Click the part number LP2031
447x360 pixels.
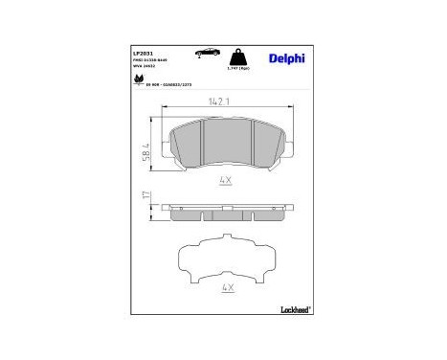point(144,53)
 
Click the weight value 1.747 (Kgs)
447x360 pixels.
point(238,71)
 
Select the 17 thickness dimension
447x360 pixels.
point(145,198)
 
